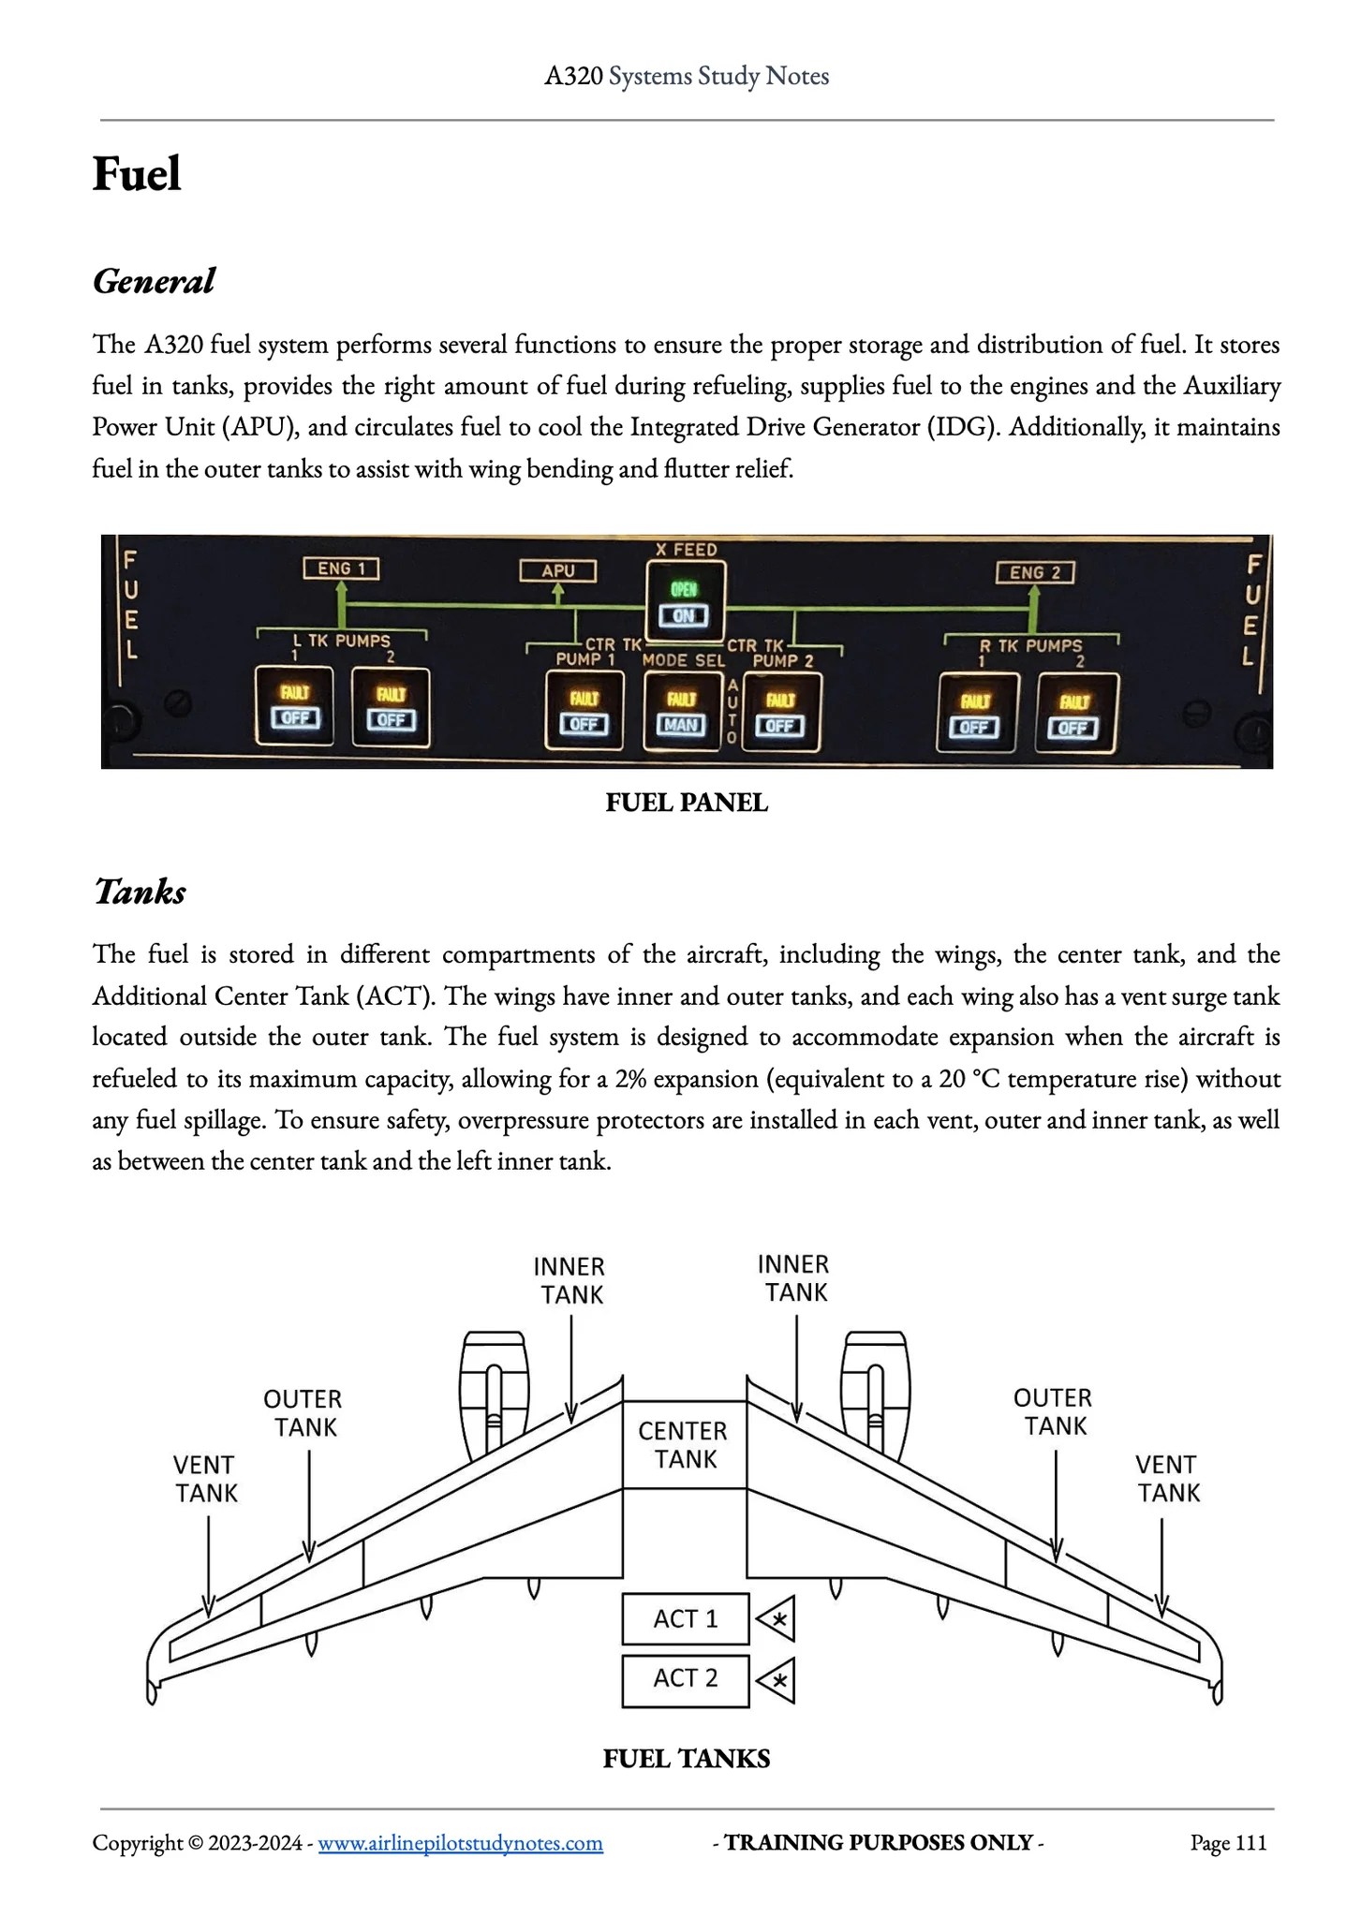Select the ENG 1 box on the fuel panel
[340, 568]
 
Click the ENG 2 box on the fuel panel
[1034, 572]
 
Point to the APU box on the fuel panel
[558, 570]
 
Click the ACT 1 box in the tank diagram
[686, 1618]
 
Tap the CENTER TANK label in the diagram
[684, 1444]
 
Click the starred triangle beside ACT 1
[777, 1618]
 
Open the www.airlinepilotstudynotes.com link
[460, 1843]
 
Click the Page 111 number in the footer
[1228, 1843]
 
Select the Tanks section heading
[140, 892]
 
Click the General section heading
[154, 281]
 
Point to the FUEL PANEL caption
[687, 803]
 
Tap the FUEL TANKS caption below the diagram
[687, 1759]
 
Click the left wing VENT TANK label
[206, 1479]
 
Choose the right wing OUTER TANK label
[1053, 1412]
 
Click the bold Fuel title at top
[137, 174]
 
